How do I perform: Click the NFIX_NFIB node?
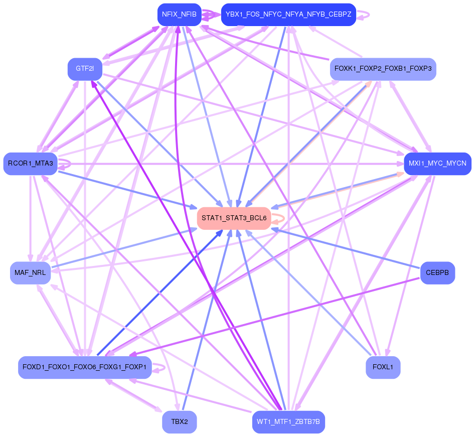[180, 15]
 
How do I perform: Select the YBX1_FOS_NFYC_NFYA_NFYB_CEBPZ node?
[288, 15]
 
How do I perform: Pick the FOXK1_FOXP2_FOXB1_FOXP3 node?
[383, 69]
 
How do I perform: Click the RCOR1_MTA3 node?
[30, 164]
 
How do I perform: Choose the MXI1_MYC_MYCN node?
[437, 164]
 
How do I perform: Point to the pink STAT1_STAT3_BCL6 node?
[234, 218]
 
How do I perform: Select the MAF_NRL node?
[30, 273]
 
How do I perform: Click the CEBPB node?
[437, 273]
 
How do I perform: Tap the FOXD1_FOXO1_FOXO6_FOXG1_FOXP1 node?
[85, 367]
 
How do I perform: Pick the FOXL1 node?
[383, 367]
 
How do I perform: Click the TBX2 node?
[180, 421]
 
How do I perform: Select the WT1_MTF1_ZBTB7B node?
[288, 421]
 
